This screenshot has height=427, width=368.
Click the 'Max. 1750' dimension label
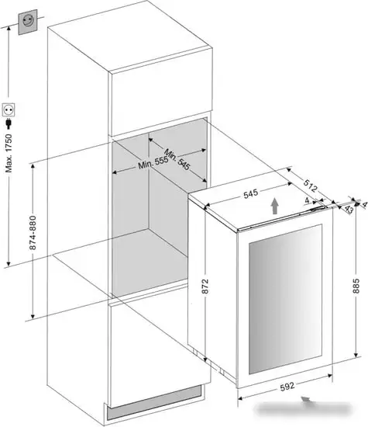(9, 153)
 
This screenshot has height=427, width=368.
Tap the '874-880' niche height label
(33, 233)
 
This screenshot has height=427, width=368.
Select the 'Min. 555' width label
(153, 163)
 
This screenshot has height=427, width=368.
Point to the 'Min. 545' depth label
(177, 160)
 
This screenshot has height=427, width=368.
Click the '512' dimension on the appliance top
(310, 186)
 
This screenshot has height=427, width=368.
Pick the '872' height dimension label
(205, 286)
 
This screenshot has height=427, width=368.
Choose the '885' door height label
(356, 286)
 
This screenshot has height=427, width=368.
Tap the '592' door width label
(287, 387)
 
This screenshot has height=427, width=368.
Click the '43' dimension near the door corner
(349, 209)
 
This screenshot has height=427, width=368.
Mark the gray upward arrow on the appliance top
(275, 207)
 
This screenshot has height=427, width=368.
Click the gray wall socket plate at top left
(28, 22)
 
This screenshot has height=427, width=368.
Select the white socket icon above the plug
(9, 110)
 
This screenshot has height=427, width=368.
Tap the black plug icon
(9, 123)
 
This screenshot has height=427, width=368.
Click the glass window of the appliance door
(285, 299)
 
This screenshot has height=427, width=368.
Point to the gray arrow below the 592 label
(306, 400)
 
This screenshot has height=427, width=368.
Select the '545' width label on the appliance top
(250, 194)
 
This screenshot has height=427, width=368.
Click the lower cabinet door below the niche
(159, 345)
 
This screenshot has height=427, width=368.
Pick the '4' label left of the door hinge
(307, 200)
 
